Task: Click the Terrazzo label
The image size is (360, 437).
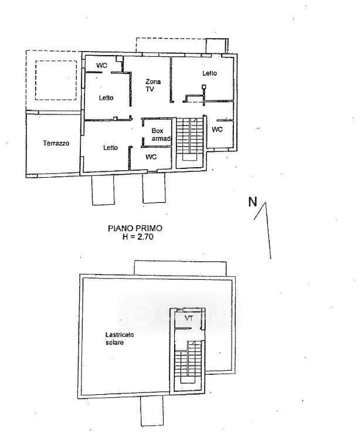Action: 56,143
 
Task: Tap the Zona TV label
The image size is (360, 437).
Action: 152,85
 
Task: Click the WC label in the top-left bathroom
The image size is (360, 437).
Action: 101,66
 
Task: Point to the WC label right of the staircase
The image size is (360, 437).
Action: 217,129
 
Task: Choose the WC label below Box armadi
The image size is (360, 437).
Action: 151,157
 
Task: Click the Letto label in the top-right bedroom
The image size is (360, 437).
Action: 209,73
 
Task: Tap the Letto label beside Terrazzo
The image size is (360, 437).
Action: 110,147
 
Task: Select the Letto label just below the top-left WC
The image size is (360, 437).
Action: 106,97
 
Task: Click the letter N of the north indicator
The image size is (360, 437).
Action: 253,202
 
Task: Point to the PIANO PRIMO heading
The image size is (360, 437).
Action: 135,228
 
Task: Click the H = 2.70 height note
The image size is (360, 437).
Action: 138,237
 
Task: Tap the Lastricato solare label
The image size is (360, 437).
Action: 120,338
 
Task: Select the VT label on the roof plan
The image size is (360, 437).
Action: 189,318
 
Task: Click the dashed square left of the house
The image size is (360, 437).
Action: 56,80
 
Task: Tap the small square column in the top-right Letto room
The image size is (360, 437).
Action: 204,87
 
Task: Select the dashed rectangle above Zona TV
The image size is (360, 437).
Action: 171,45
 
